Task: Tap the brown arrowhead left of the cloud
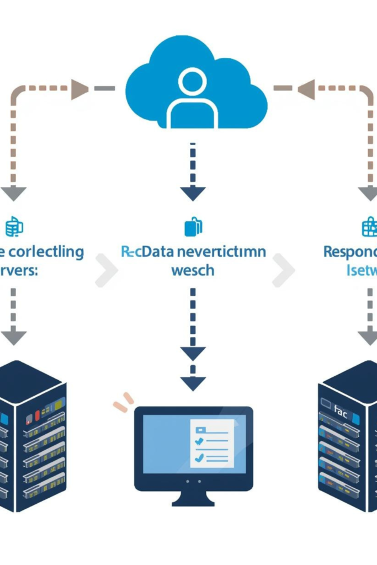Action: point(80,88)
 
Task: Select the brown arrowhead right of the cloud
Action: point(306,88)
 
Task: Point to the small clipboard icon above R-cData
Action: point(193,226)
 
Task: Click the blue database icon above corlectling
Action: point(13,226)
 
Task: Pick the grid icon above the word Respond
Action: point(369,226)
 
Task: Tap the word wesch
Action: point(193,271)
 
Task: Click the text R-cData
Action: point(141,252)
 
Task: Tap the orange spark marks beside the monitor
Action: point(124,402)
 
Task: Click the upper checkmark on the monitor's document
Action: point(199,440)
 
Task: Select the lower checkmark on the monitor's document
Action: point(199,457)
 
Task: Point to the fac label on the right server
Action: point(341,410)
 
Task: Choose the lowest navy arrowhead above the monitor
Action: point(193,383)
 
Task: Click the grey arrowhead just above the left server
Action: point(13,336)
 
